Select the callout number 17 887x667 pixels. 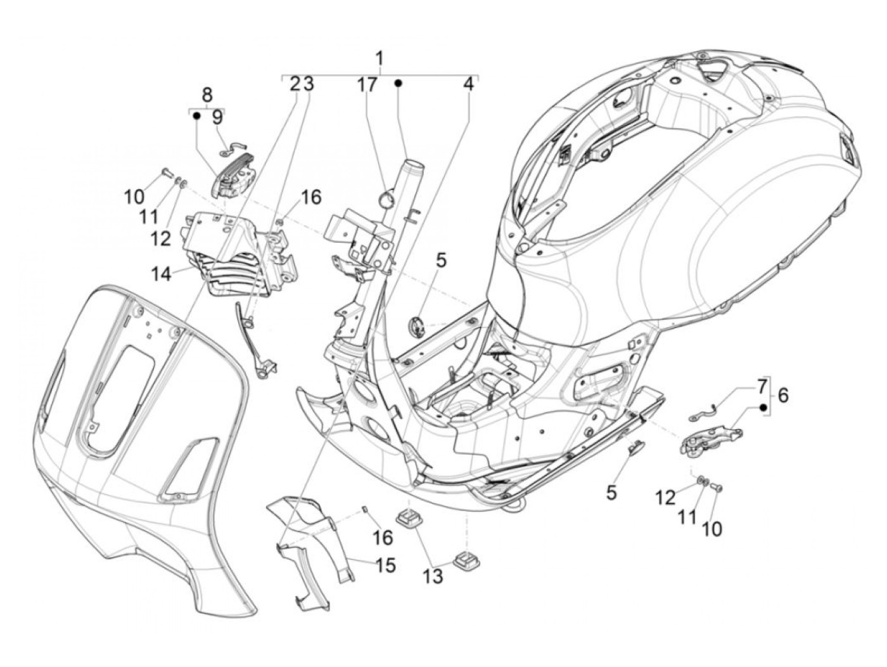click(366, 84)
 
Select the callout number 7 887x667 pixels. click(760, 385)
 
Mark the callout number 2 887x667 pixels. click(295, 84)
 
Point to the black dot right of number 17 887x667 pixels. click(399, 83)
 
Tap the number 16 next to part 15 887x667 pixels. click(383, 538)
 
